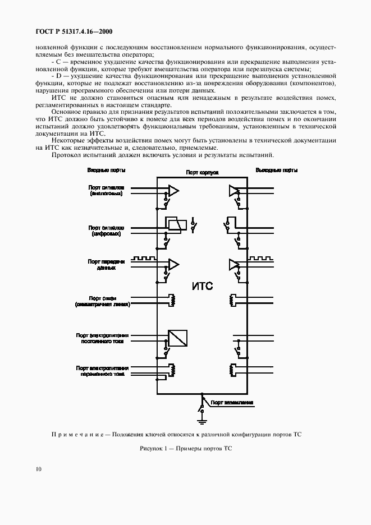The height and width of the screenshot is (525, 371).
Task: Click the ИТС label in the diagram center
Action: click(x=202, y=287)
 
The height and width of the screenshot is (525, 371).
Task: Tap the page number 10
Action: click(x=38, y=469)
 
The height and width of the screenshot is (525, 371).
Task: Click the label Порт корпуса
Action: click(x=201, y=174)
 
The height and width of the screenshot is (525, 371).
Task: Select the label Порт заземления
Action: click(x=232, y=402)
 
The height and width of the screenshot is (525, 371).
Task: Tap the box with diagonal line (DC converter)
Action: click(x=178, y=338)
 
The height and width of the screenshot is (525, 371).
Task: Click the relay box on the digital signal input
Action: click(x=175, y=224)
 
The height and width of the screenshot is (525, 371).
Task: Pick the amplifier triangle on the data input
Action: click(x=175, y=264)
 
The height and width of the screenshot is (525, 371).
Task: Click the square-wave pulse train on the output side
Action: click(x=260, y=259)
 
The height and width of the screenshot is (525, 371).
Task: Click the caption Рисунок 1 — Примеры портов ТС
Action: click(x=185, y=449)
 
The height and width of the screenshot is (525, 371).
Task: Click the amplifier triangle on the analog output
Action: click(x=232, y=191)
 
